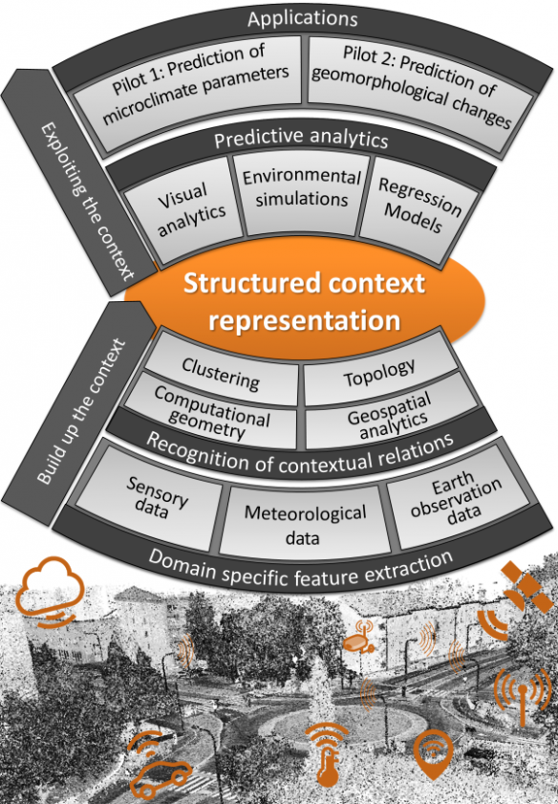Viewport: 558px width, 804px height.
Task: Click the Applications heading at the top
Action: click(302, 19)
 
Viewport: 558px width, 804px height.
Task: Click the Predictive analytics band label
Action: click(301, 139)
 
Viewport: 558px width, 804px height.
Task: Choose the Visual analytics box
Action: click(184, 209)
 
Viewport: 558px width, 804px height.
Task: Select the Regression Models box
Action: click(418, 210)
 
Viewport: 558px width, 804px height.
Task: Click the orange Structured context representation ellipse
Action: click(305, 301)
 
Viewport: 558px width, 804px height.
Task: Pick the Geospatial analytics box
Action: click(391, 414)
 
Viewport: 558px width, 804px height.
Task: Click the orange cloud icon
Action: click(49, 590)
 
